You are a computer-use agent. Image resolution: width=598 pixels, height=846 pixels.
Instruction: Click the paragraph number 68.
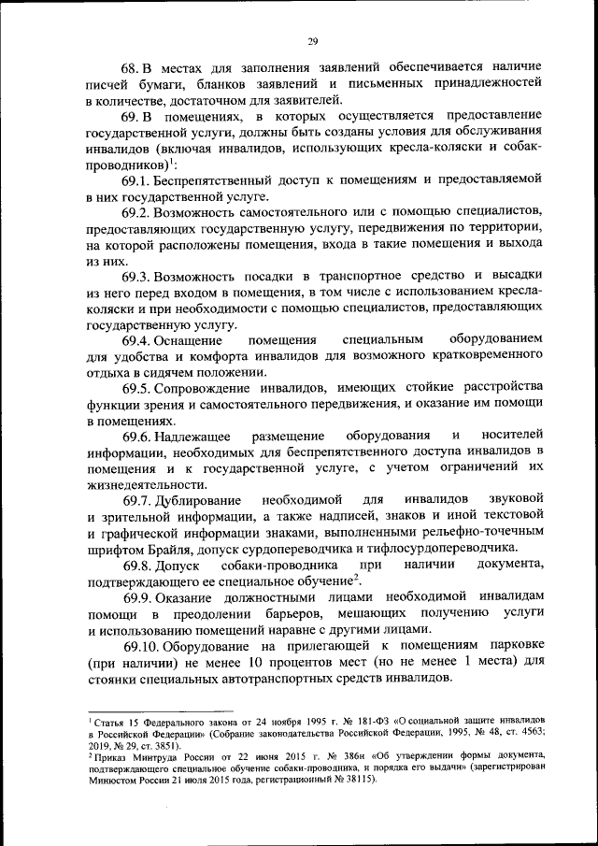[130, 68]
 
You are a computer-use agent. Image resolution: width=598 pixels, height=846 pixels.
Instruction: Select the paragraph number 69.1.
[135, 180]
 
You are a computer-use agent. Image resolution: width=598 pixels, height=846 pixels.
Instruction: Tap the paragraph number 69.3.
[135, 276]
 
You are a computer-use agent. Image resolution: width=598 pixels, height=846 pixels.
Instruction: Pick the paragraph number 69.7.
[135, 500]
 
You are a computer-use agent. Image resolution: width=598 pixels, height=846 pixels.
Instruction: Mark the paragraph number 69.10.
[139, 646]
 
